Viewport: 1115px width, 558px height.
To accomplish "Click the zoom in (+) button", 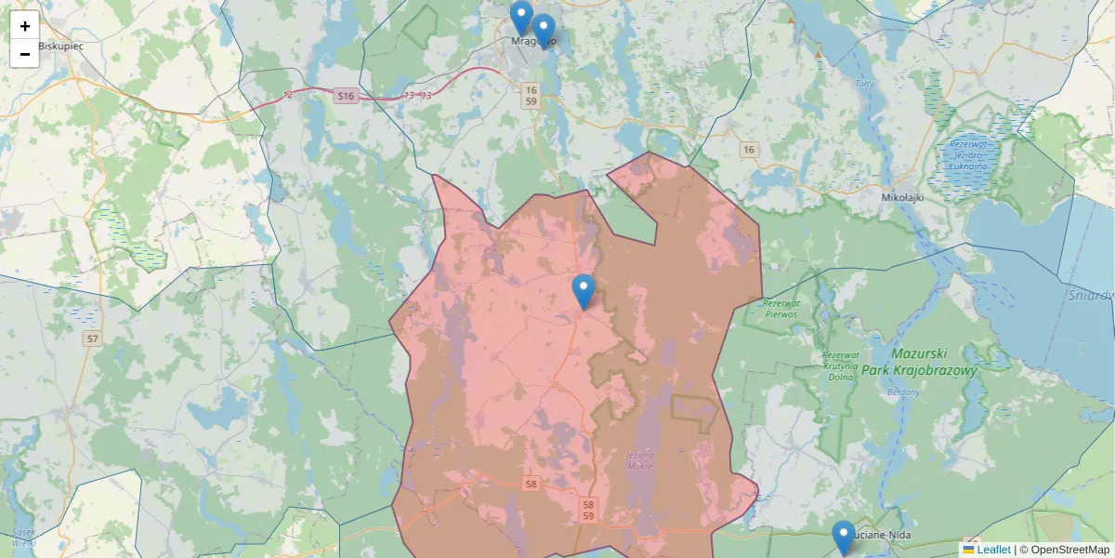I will point(25,26).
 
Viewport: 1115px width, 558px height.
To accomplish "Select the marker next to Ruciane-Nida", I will point(844,538).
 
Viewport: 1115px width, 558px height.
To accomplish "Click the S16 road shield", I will point(346,96).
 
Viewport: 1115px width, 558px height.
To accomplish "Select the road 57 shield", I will point(91,339).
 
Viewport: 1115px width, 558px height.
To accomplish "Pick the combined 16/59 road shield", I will point(531,95).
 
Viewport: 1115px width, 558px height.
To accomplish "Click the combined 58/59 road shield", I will point(589,509).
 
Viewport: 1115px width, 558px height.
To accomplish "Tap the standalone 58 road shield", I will point(531,484).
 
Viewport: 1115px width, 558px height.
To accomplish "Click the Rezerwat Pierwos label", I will point(780,309).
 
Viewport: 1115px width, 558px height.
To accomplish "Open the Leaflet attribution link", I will point(993,550).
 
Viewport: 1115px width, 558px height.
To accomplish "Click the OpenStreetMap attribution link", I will point(1069,550).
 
